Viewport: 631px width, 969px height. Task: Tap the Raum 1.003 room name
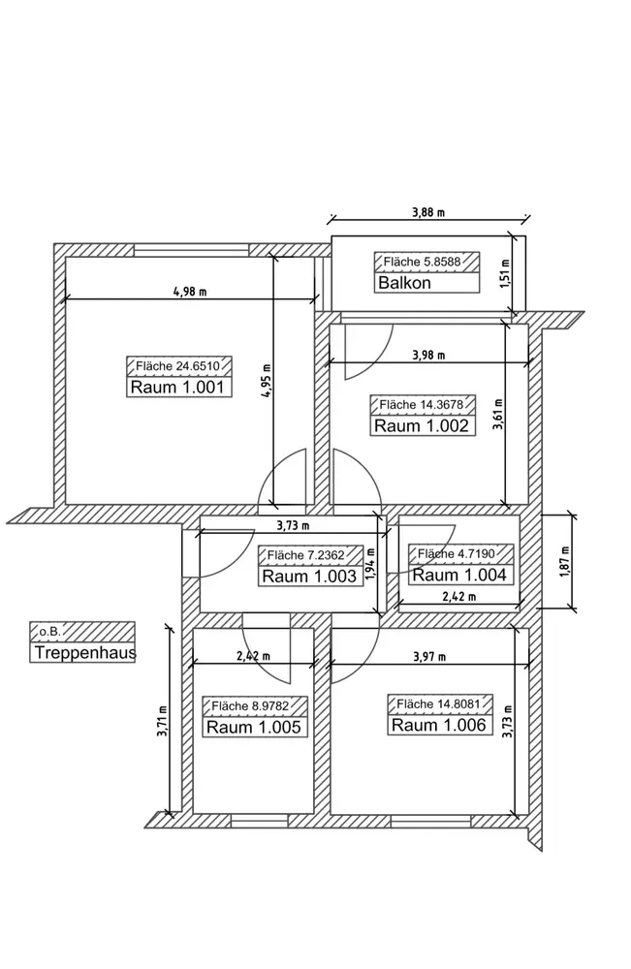[x=311, y=576]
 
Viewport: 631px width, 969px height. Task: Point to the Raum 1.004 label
[x=458, y=575]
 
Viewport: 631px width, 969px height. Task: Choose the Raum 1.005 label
[x=254, y=728]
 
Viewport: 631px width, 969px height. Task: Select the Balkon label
[x=404, y=284]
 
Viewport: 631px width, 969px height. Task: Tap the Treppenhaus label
[x=83, y=653]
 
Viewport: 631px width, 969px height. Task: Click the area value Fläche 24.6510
[x=184, y=365]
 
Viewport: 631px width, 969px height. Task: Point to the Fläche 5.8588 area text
[x=422, y=262]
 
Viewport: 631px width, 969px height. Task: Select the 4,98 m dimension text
[x=190, y=292]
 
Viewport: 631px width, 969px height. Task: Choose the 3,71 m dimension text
[x=162, y=721]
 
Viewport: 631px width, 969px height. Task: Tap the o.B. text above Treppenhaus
[x=50, y=631]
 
